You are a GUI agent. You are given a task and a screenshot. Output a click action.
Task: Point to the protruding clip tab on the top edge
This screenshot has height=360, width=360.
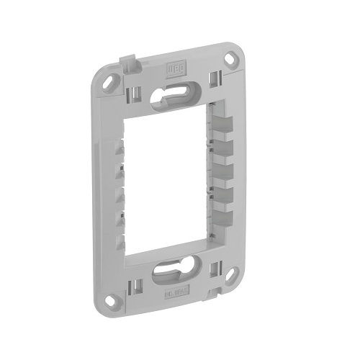[x=129, y=66]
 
